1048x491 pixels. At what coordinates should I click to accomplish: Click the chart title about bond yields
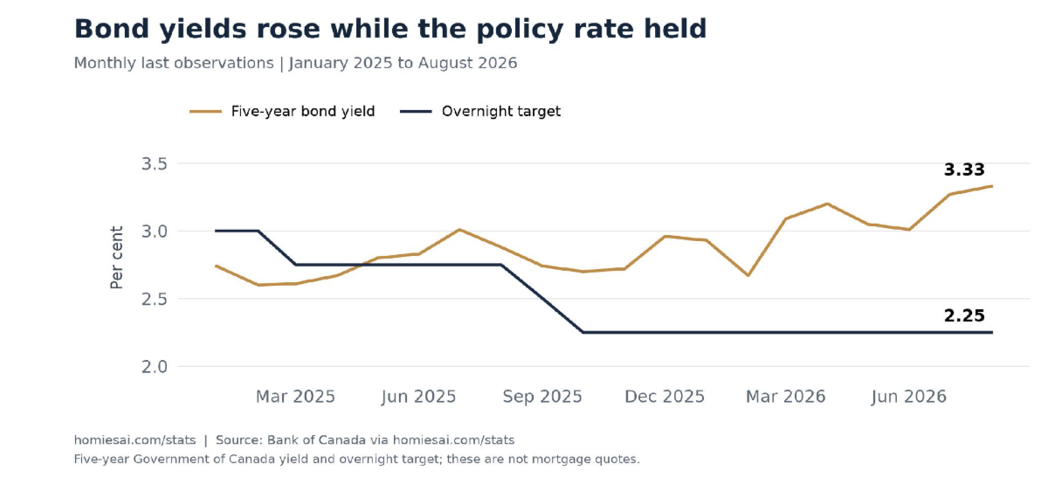(390, 29)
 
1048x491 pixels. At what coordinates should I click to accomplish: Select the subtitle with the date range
(295, 63)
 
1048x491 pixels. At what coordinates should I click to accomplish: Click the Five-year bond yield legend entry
(282, 112)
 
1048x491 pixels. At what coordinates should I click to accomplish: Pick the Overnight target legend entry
(480, 112)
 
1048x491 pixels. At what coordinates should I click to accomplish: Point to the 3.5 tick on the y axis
(155, 164)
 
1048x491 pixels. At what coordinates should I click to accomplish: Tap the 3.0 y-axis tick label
(155, 232)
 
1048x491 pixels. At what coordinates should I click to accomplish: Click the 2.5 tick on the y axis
(155, 299)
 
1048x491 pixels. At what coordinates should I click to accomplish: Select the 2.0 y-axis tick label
(155, 367)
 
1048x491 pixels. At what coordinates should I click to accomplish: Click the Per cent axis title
(116, 258)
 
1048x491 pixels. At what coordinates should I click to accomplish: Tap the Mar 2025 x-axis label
(295, 397)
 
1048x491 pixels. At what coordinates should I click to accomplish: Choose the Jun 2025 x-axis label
(418, 397)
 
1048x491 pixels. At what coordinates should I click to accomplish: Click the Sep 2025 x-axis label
(542, 397)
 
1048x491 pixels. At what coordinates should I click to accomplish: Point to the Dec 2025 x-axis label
(665, 397)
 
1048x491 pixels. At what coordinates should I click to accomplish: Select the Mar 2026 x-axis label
(785, 397)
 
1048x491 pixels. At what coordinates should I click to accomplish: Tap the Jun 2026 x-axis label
(909, 397)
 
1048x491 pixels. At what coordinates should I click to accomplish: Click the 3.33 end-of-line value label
(964, 169)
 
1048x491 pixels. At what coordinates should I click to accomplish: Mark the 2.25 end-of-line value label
(964, 315)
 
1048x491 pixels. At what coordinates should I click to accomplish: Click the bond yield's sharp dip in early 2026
(748, 275)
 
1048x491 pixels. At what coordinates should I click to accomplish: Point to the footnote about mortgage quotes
(356, 460)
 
